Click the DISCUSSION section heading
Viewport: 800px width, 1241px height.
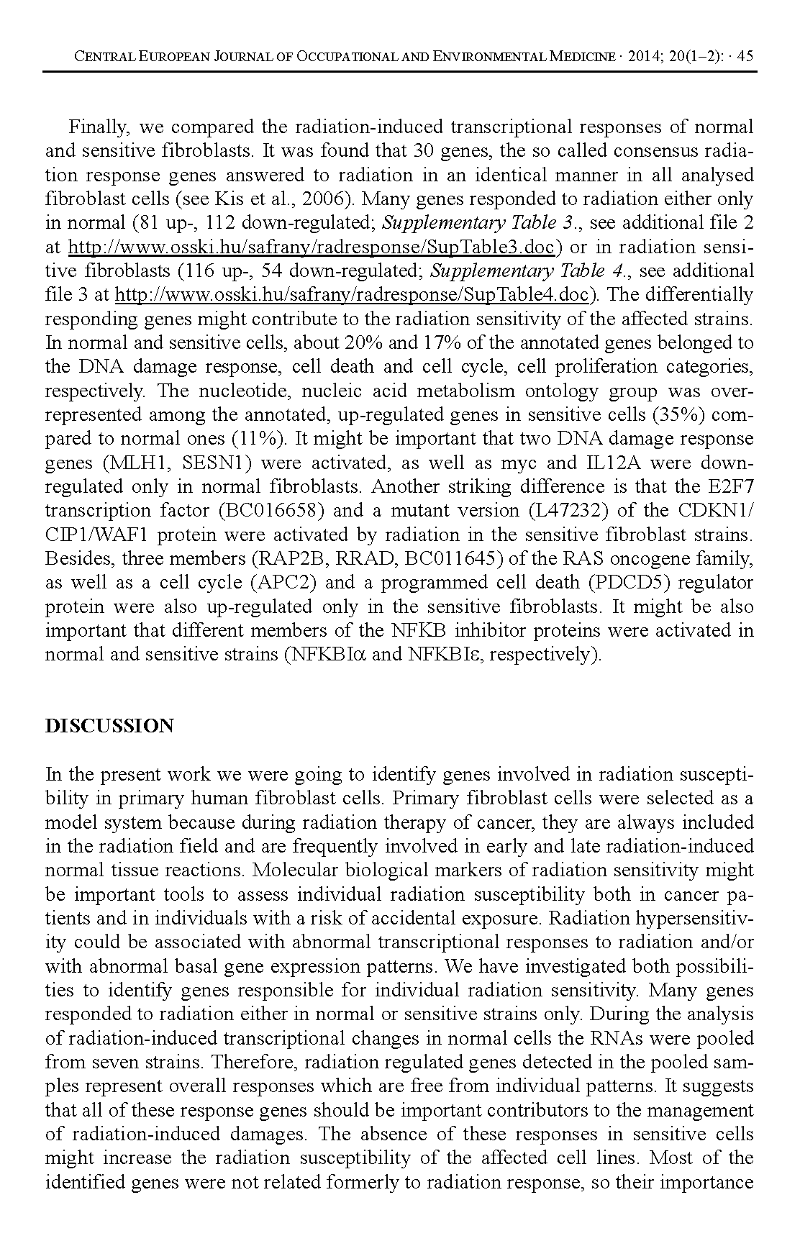[x=109, y=725]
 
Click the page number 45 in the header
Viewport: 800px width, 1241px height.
[x=745, y=56]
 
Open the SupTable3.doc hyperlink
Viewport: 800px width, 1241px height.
[x=311, y=247]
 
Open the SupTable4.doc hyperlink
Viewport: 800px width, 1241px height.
[x=353, y=295]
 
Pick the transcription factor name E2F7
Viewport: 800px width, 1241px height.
[x=728, y=487]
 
